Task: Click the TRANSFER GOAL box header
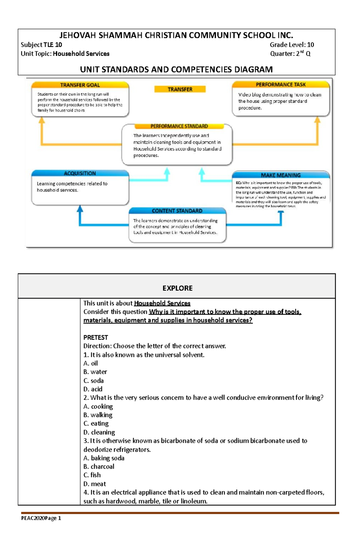pos(80,85)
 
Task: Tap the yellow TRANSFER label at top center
pos(180,89)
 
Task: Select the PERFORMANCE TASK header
pos(280,85)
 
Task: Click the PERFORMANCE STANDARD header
pos(179,126)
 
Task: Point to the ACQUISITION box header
pos(80,173)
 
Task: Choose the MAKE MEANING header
pos(280,175)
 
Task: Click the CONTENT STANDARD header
pos(177,211)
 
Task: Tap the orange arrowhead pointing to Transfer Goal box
pos(42,120)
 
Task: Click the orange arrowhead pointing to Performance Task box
pos(317,120)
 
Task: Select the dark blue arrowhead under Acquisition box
pos(80,209)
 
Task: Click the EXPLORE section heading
pos(177,288)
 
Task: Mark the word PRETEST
pos(95,337)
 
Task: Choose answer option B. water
pos(95,372)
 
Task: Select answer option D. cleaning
pos(99,432)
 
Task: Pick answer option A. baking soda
pos(104,458)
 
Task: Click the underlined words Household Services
pos(162,303)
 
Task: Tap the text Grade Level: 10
pos(292,45)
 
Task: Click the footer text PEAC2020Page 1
pos(41,518)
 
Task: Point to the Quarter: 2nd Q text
pos(290,54)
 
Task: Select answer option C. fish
pos(92,475)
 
